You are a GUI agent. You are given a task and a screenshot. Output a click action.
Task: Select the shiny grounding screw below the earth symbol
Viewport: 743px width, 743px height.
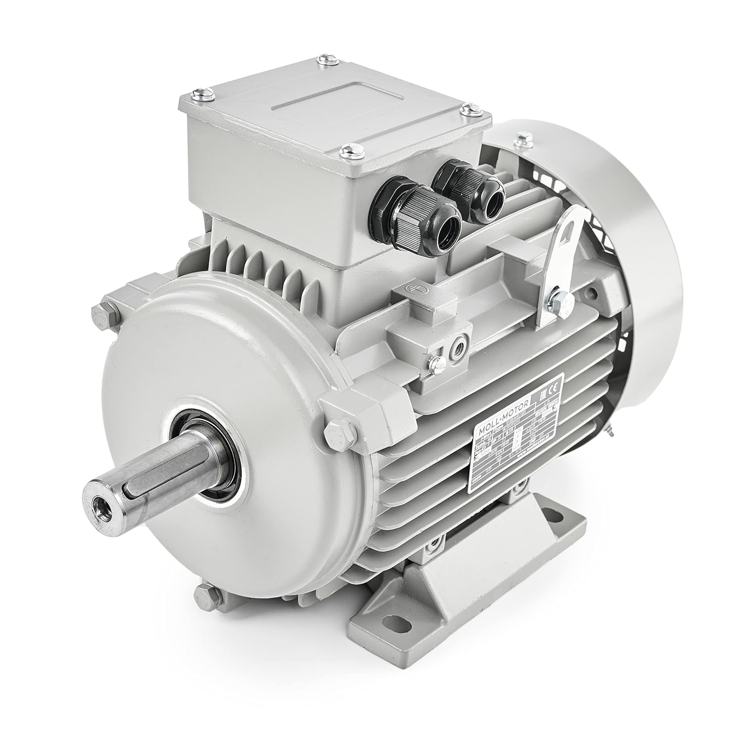click(x=436, y=363)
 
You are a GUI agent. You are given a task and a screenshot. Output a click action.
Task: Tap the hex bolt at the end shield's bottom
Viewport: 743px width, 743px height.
click(x=206, y=593)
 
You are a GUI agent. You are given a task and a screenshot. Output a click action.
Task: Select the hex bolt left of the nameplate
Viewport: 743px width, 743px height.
click(x=331, y=435)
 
